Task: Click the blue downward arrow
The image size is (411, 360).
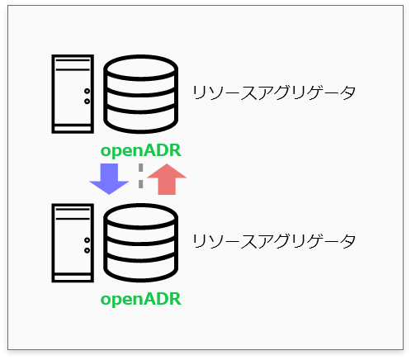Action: (109, 179)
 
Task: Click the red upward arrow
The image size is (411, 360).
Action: (167, 179)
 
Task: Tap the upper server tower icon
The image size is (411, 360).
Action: (73, 94)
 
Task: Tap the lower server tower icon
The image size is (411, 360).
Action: (73, 243)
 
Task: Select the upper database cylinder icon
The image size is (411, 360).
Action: (141, 94)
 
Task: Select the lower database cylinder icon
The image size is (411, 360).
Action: (141, 243)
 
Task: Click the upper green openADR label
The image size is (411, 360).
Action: (141, 150)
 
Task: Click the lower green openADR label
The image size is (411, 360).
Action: (141, 299)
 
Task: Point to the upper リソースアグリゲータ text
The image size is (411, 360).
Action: (274, 92)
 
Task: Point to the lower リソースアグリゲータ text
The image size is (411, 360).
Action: (274, 241)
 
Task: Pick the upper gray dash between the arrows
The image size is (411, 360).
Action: (141, 168)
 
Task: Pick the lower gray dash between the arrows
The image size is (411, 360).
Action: (141, 184)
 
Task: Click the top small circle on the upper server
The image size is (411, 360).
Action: (87, 91)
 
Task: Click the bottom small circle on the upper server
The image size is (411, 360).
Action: (87, 102)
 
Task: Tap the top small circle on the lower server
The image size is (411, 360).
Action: (87, 240)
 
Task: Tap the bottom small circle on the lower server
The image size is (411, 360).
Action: (87, 250)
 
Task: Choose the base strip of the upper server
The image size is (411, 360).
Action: (73, 129)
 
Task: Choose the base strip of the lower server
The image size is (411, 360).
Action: (73, 277)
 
